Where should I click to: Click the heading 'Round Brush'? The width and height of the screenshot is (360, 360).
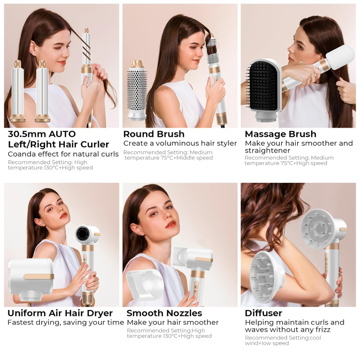click(x=154, y=134)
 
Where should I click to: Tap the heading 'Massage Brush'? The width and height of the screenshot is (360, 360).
click(x=281, y=134)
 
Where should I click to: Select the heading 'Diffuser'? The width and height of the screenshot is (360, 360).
click(x=264, y=313)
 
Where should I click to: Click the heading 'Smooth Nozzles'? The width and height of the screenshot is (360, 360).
click(x=164, y=313)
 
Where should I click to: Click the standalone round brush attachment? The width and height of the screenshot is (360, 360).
click(x=137, y=90)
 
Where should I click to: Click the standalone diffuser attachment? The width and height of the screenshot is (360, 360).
click(x=267, y=276)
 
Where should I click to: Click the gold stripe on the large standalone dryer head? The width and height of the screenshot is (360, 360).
click(x=38, y=276)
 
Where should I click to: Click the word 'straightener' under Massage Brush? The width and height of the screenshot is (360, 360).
click(x=267, y=150)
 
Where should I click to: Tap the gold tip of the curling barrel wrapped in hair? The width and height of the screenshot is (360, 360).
click(x=86, y=31)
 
